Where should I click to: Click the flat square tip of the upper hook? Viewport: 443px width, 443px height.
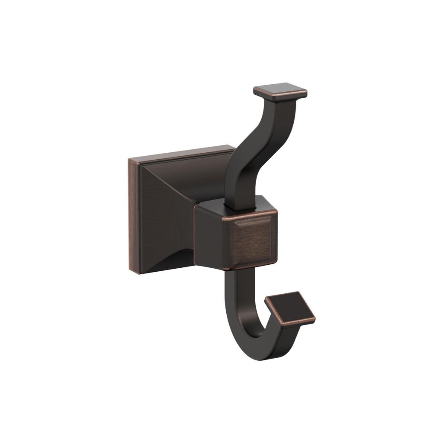click(280, 90)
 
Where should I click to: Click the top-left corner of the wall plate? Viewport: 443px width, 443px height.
click(130, 159)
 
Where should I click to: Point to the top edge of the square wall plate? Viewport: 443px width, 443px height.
click(182, 151)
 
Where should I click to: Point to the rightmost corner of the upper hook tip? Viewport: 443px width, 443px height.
click(307, 93)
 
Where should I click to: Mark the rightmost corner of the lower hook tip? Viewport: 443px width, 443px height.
click(315, 320)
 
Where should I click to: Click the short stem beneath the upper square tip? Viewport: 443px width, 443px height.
click(281, 104)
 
